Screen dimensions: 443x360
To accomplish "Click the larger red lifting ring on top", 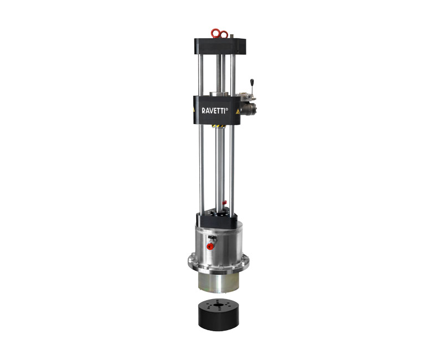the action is tap(215, 33).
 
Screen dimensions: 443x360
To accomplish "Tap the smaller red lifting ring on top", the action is tap(224, 34).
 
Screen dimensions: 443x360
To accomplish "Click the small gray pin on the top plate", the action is tap(231, 36).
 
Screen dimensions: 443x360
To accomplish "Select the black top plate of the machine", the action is tap(220, 46).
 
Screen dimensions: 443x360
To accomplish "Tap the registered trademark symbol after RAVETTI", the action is tap(227, 109).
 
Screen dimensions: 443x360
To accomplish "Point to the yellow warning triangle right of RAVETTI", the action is tap(238, 111).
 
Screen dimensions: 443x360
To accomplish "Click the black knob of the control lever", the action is tap(251, 83).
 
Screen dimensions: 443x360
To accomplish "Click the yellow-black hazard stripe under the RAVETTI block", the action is tap(218, 126).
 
